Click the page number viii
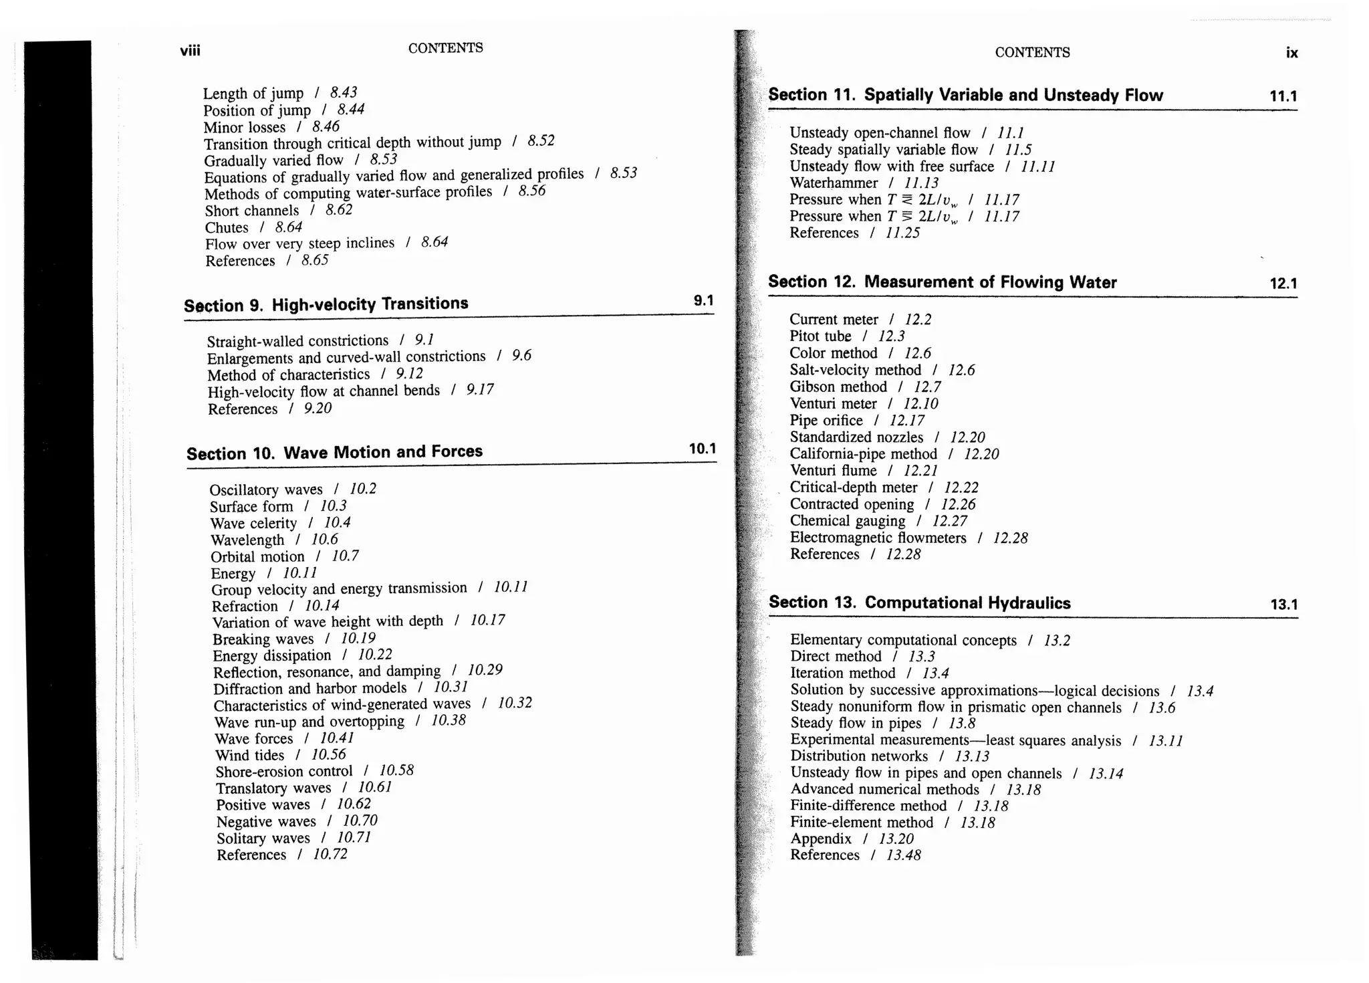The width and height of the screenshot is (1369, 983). click(x=190, y=51)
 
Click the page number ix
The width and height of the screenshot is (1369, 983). click(x=1291, y=53)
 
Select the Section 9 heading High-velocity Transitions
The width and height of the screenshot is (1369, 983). click(x=326, y=305)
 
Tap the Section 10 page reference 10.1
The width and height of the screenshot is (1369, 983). click(x=702, y=449)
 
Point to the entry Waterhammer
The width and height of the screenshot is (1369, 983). click(x=834, y=183)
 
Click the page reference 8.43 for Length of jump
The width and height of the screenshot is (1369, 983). click(x=344, y=92)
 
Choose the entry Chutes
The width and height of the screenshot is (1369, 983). click(x=227, y=228)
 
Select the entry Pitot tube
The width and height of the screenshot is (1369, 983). click(x=820, y=336)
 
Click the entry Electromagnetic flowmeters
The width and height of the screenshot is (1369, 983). click(x=878, y=538)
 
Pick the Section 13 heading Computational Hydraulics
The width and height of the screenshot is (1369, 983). click(x=919, y=603)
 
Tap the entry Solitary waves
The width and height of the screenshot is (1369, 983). click(x=263, y=839)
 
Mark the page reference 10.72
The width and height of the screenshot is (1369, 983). click(x=330, y=855)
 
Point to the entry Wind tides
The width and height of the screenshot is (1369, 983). click(x=249, y=756)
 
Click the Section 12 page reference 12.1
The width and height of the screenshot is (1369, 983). click(x=1283, y=284)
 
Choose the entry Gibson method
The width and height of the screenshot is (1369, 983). click(x=838, y=387)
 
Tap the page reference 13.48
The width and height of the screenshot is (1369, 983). click(x=903, y=855)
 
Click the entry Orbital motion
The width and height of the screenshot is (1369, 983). click(x=257, y=557)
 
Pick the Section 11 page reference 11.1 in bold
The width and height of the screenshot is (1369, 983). click(x=1283, y=96)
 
